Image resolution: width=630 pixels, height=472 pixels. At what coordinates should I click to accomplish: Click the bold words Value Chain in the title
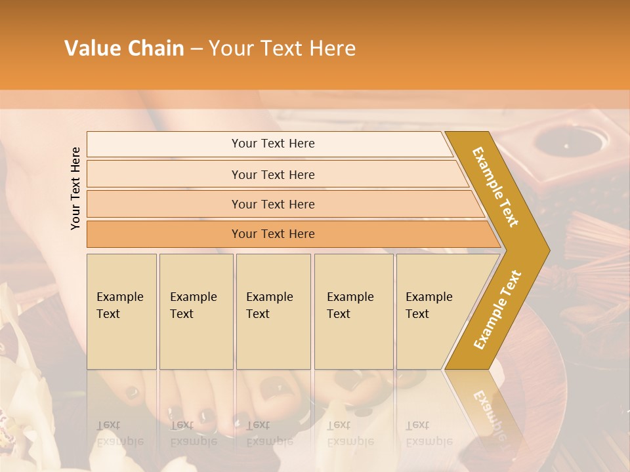pyautogui.click(x=124, y=49)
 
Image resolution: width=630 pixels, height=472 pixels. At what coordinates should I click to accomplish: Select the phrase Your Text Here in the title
pyautogui.click(x=282, y=49)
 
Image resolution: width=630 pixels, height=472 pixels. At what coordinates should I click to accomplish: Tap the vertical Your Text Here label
pyautogui.click(x=75, y=188)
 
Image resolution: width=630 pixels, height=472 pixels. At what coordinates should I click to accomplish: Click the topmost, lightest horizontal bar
pyautogui.click(x=272, y=144)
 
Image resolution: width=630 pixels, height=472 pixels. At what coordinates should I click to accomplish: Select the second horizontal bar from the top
pyautogui.click(x=272, y=174)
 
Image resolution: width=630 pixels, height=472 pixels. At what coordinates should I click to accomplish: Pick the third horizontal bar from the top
pyautogui.click(x=272, y=204)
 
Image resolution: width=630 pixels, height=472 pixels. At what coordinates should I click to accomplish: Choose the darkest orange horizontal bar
pyautogui.click(x=272, y=234)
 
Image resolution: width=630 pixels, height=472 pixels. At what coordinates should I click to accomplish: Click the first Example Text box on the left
pyautogui.click(x=121, y=311)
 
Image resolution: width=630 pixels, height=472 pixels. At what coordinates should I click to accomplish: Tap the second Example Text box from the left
pyautogui.click(x=196, y=311)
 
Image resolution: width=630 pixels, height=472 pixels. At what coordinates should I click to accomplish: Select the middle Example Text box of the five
pyautogui.click(x=273, y=311)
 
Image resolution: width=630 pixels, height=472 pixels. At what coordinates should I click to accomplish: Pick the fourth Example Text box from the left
pyautogui.click(x=353, y=311)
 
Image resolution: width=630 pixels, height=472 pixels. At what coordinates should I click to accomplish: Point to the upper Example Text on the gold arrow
pyautogui.click(x=495, y=187)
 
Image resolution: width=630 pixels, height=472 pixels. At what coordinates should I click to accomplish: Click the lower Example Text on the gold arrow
pyautogui.click(x=497, y=310)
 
